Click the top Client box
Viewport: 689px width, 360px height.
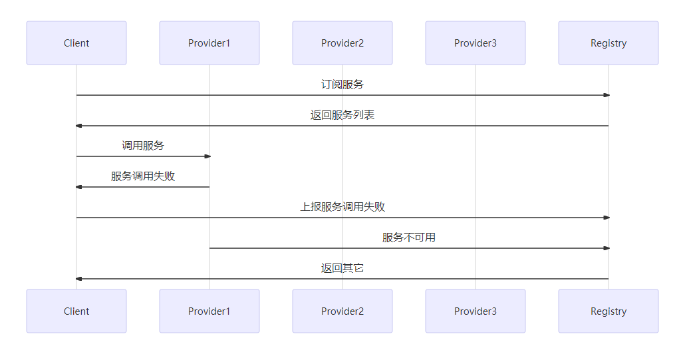pyautogui.click(x=76, y=43)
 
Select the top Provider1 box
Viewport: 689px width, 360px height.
pyautogui.click(x=209, y=43)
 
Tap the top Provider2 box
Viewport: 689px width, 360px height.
pyautogui.click(x=343, y=43)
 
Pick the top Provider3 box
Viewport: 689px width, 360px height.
pyautogui.click(x=476, y=43)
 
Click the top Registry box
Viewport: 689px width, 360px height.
pyautogui.click(x=609, y=43)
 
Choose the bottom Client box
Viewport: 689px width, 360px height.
pyautogui.click(x=76, y=311)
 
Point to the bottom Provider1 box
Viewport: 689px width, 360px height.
pyautogui.click(x=209, y=311)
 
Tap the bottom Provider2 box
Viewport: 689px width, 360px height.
pyautogui.click(x=343, y=311)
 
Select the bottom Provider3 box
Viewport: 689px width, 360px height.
pyautogui.click(x=476, y=311)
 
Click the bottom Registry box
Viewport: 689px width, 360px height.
pyautogui.click(x=609, y=311)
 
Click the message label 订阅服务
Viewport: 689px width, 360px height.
pyautogui.click(x=343, y=85)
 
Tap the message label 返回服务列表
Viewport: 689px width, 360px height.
pyautogui.click(x=343, y=115)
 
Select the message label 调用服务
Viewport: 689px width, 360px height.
pyautogui.click(x=143, y=146)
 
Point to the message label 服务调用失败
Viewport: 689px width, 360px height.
pyautogui.click(x=143, y=176)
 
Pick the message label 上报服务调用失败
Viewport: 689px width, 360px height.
pyautogui.click(x=343, y=207)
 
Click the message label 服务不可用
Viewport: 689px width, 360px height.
pyautogui.click(x=409, y=238)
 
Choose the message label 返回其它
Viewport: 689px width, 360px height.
pyautogui.click(x=343, y=268)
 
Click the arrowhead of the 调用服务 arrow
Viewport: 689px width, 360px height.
pyautogui.click(x=207, y=156)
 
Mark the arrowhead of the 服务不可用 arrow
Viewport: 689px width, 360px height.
pyautogui.click(x=606, y=248)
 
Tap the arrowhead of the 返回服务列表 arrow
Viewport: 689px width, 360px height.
pyautogui.click(x=79, y=126)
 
